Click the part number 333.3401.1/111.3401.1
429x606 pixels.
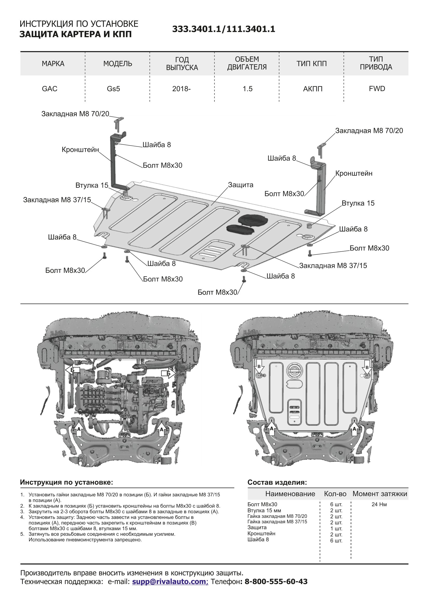click(x=224, y=29)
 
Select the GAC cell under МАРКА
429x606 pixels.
click(x=49, y=89)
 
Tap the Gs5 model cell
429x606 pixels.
click(x=113, y=89)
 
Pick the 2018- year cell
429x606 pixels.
click(x=181, y=89)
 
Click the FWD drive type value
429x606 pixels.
click(x=377, y=89)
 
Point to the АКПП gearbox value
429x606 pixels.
click(x=313, y=89)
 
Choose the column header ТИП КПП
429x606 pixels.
click(x=312, y=64)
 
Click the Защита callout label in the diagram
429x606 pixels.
click(x=240, y=185)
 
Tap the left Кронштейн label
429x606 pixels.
click(x=80, y=150)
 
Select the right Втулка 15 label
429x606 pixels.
click(x=358, y=203)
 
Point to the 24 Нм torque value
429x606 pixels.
click(x=379, y=504)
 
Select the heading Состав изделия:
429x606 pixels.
click(x=277, y=482)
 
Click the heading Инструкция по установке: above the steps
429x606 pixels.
click(x=67, y=482)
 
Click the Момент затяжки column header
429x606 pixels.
click(x=380, y=494)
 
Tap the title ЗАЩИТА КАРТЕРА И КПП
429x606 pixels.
click(x=75, y=34)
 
